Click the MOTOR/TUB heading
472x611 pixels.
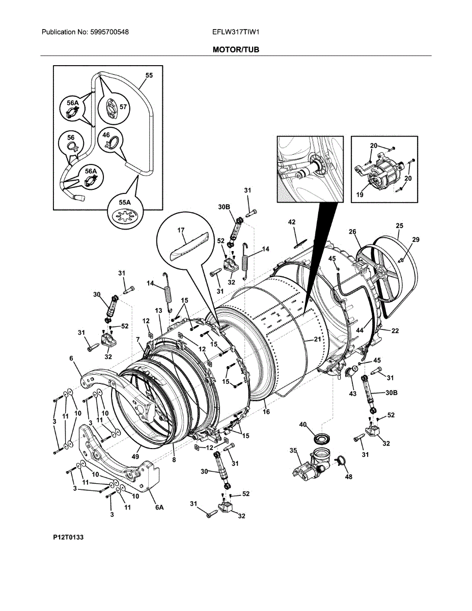click(x=236, y=50)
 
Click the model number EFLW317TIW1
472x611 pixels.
click(x=236, y=32)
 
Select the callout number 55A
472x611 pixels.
click(x=125, y=203)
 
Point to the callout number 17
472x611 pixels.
click(x=181, y=230)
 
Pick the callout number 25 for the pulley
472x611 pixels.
click(x=400, y=225)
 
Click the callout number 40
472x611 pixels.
click(x=303, y=424)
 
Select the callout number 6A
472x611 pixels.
click(x=159, y=507)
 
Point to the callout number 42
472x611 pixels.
click(x=292, y=222)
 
